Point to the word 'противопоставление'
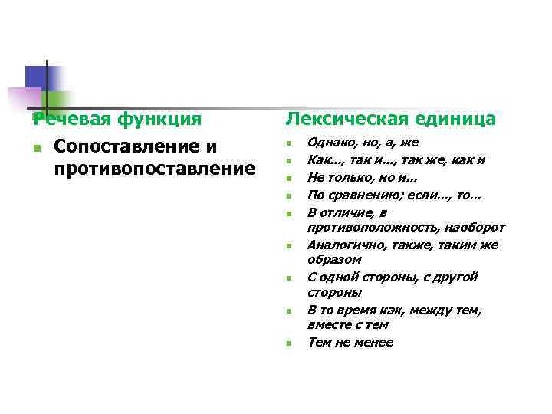(x=155, y=168)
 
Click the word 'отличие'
(x=350, y=212)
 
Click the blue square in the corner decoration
(x=36, y=77)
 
